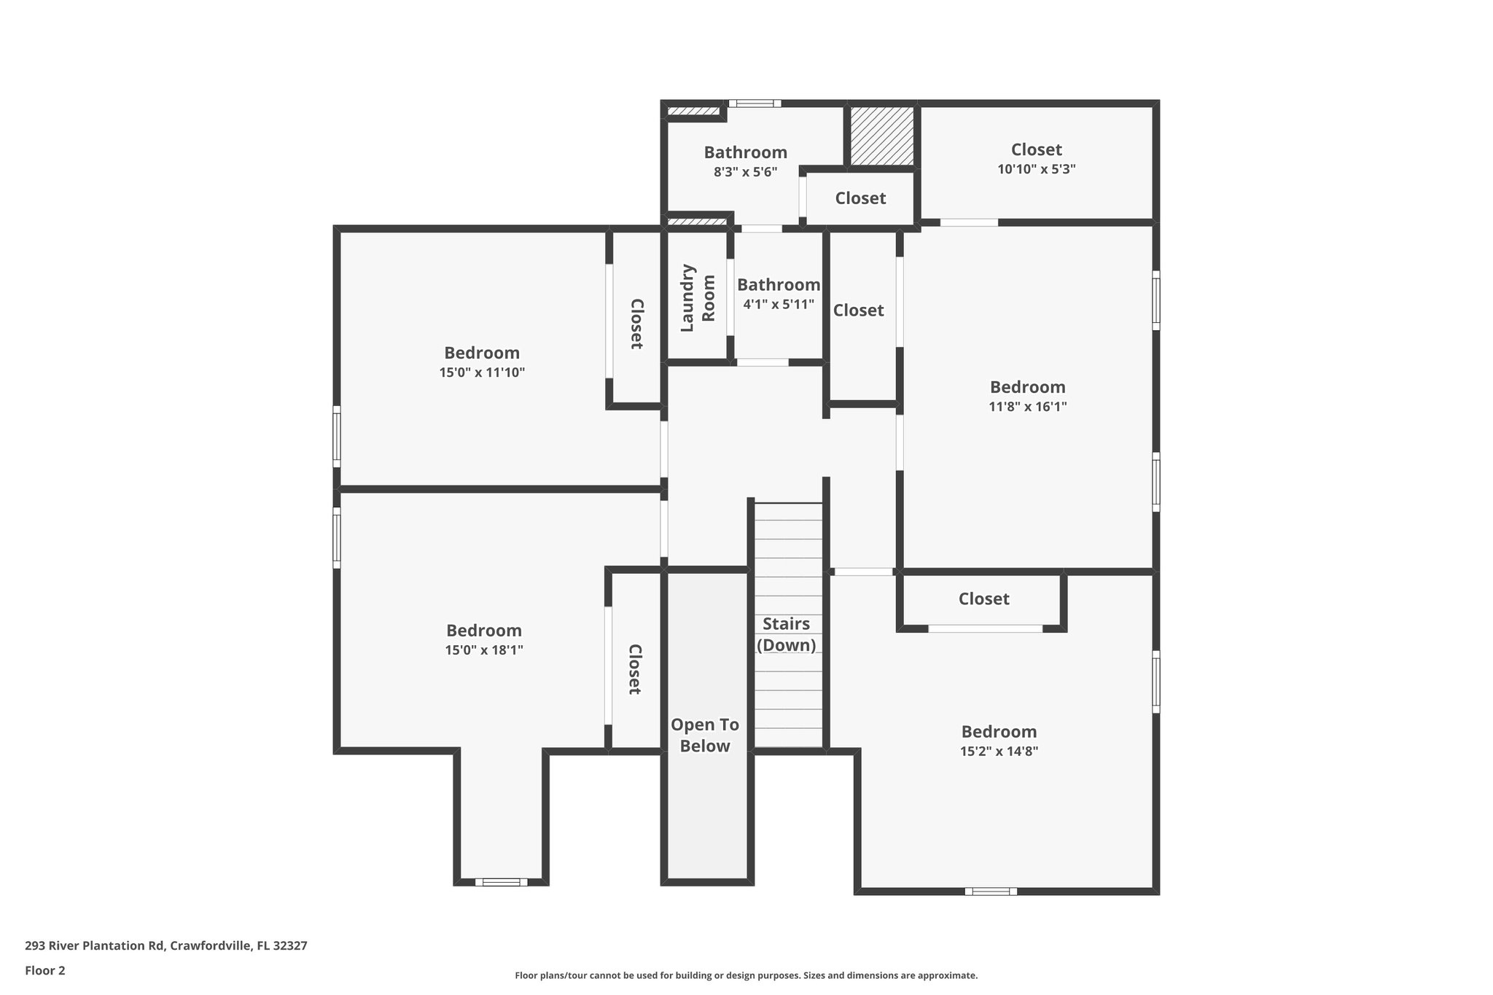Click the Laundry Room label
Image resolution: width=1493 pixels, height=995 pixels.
pos(698,298)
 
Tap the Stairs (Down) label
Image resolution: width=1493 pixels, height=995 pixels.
pos(786,634)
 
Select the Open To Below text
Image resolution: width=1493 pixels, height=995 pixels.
pos(705,735)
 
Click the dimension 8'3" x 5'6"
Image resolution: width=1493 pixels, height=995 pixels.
pos(745,172)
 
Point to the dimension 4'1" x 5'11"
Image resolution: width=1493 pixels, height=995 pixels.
pos(779,305)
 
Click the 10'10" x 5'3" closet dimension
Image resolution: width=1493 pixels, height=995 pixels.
pos(1036,169)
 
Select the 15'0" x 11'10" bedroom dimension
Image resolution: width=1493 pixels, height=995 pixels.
pos(482,372)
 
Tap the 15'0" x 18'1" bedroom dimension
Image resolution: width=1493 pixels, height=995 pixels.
pos(484,650)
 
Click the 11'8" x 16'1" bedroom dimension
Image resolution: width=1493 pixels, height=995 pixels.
pos(1027,407)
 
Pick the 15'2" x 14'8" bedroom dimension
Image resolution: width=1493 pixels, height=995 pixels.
pos(999,752)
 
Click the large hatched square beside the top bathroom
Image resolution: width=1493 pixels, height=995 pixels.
pos(882,136)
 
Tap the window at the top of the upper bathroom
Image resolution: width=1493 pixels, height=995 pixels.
pos(755,104)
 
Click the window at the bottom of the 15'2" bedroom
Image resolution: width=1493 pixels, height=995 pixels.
pos(990,891)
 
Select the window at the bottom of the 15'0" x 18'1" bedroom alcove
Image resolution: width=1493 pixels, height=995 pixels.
pos(501,882)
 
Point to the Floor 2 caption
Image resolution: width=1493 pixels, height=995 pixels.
pos(45,970)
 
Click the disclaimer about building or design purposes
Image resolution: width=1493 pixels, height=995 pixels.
pos(746,975)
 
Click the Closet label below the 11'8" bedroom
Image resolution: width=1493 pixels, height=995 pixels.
pos(983,599)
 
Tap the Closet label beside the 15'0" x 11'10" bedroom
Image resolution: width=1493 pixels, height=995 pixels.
pos(636,324)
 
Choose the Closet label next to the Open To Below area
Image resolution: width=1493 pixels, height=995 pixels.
pos(634,668)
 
